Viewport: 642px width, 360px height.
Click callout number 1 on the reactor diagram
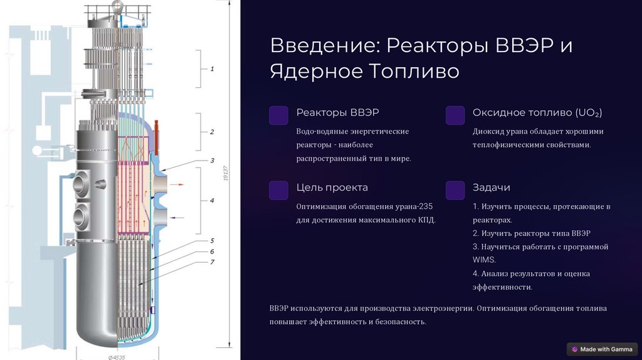click(x=212, y=69)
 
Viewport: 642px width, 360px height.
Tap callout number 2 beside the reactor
click(x=212, y=132)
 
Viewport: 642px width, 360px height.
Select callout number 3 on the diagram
click(x=212, y=161)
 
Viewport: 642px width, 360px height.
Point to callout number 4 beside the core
click(x=212, y=201)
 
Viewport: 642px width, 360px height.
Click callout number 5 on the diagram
click(x=212, y=240)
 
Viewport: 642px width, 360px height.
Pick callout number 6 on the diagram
click(x=212, y=251)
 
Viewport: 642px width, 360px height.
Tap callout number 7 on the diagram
click(x=212, y=262)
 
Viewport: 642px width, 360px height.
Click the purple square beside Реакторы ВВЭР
click(x=278, y=115)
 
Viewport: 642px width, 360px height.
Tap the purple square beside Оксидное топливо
click(x=455, y=115)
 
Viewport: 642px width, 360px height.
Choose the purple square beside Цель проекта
click(x=278, y=190)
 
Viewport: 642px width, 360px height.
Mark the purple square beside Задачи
click(x=455, y=190)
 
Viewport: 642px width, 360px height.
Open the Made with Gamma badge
click(x=603, y=349)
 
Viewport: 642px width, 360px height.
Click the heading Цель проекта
click(x=332, y=188)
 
